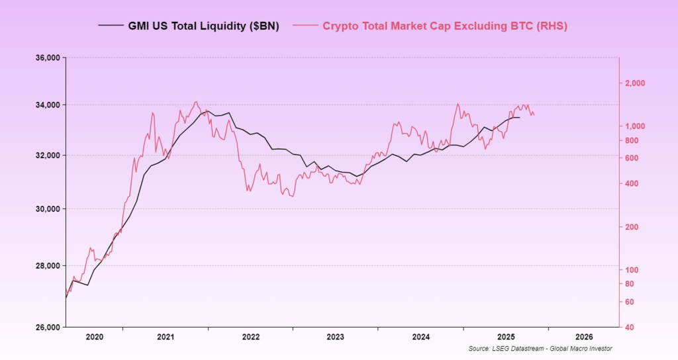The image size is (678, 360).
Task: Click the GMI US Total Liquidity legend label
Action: point(203,26)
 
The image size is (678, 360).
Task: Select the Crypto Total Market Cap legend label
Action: point(445,26)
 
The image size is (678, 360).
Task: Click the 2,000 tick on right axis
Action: point(635,83)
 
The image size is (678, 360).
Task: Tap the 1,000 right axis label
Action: point(635,126)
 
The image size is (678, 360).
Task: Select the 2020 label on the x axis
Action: point(95,337)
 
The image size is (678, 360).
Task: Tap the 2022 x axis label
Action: point(251,337)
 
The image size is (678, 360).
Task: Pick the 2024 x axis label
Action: point(421,337)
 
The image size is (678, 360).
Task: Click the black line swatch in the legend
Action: point(110,26)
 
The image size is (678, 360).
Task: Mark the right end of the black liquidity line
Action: point(520,118)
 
